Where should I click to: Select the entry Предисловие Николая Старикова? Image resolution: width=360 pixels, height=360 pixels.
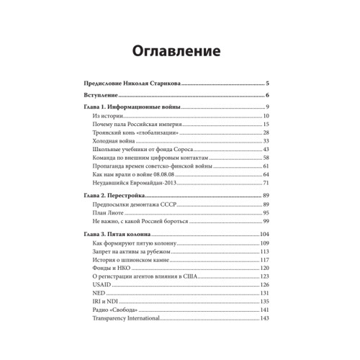click(134, 84)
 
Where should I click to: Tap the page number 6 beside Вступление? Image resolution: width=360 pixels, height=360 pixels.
click(266, 96)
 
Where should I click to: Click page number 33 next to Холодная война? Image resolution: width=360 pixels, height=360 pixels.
click(265, 141)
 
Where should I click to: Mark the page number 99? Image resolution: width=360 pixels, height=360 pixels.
click(265, 222)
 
